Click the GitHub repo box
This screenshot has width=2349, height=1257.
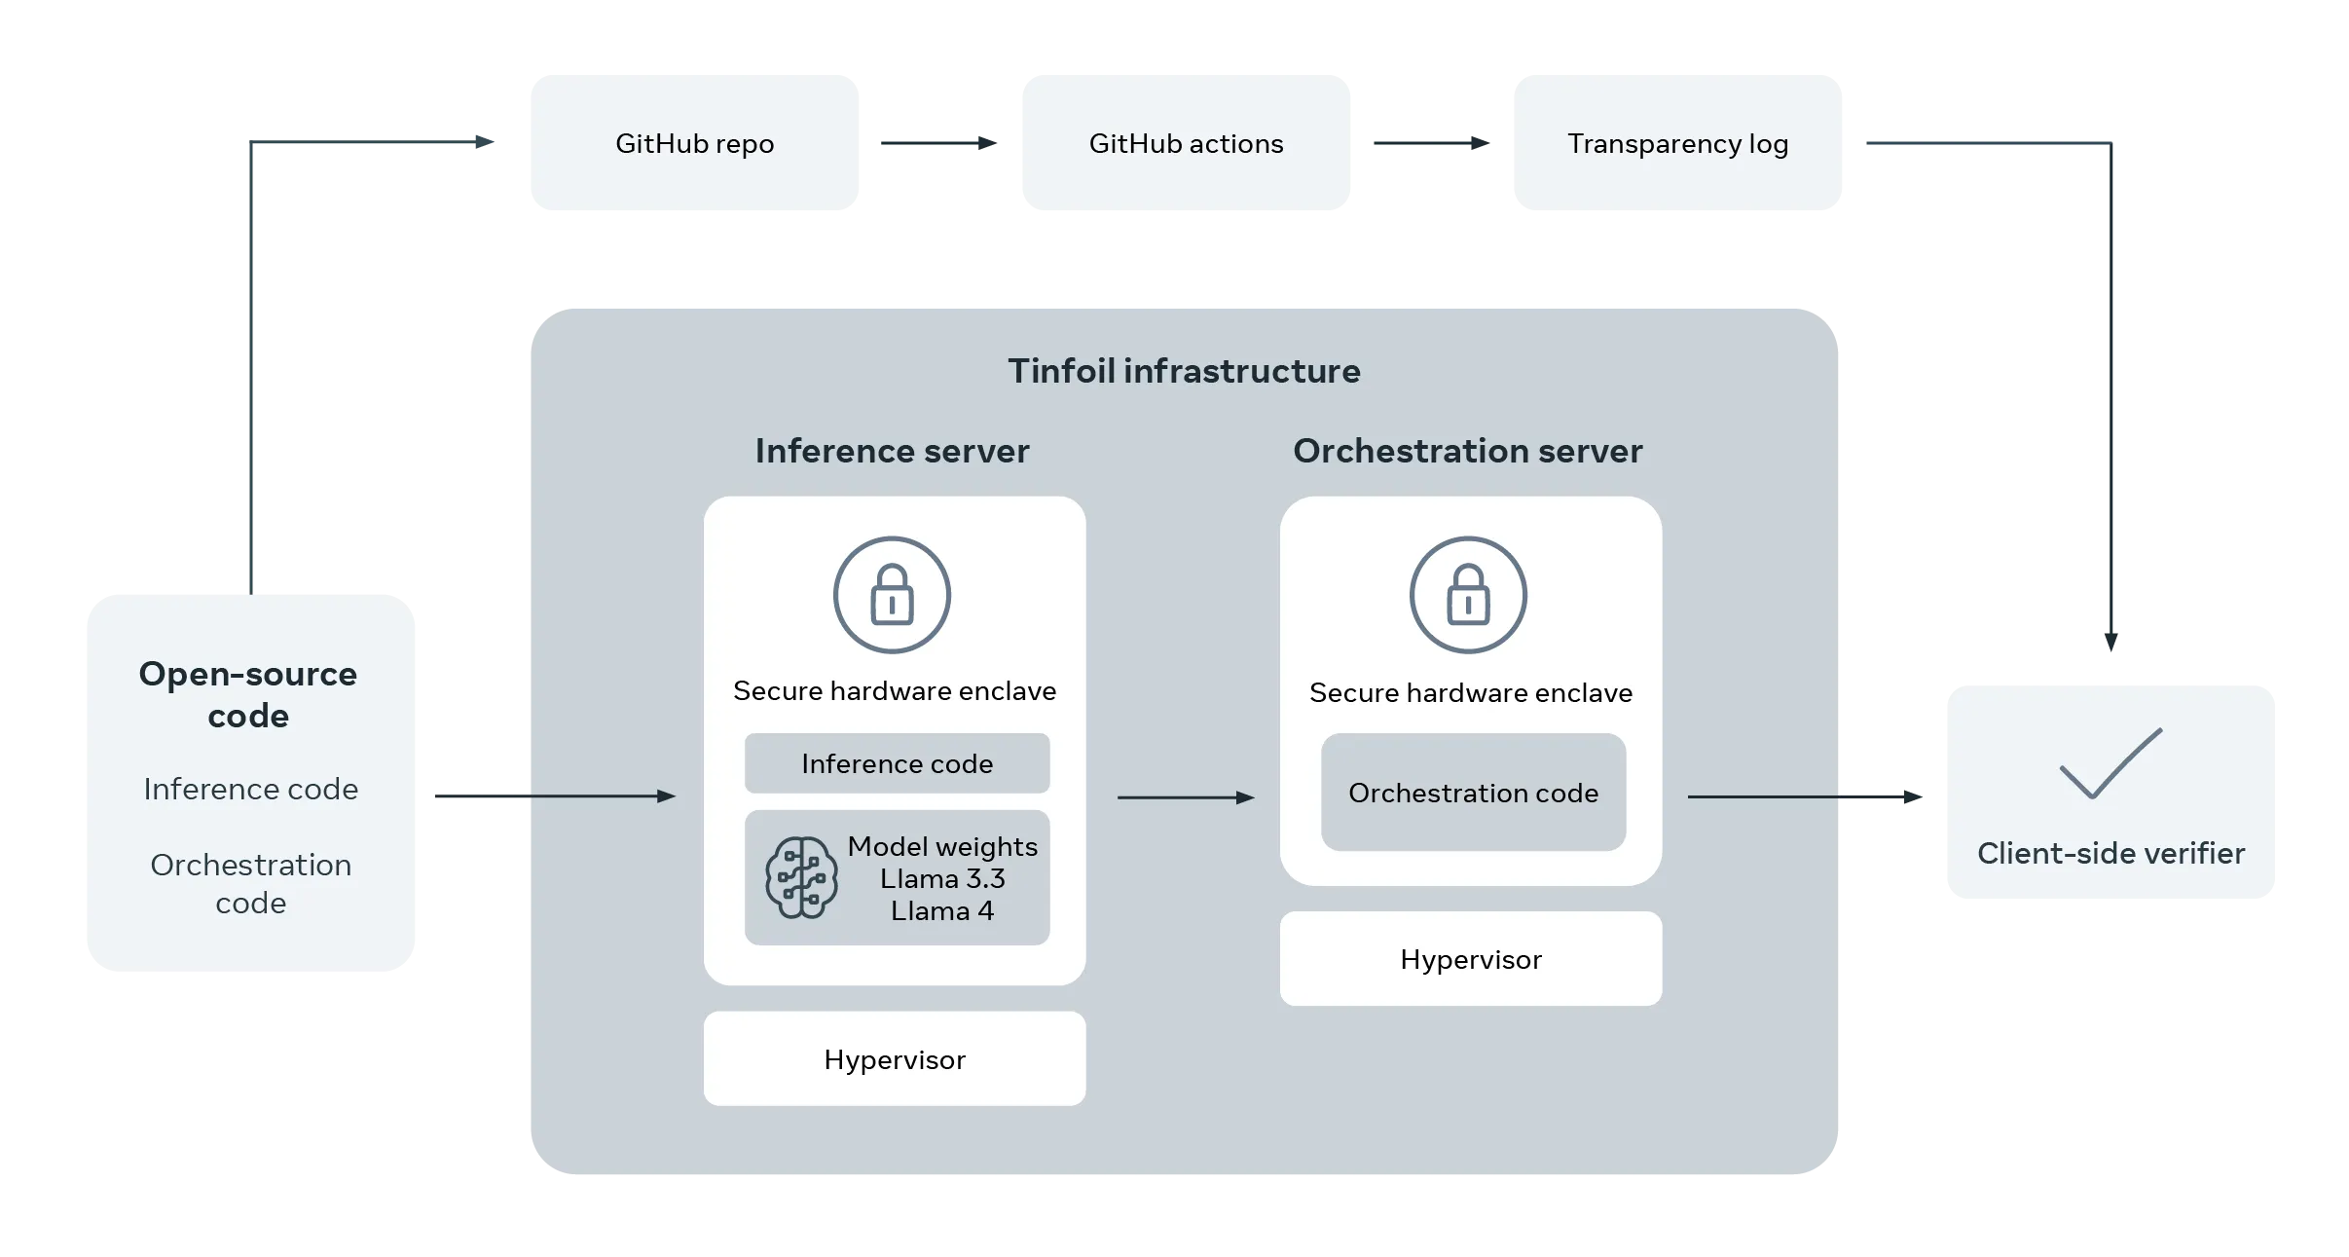[694, 142]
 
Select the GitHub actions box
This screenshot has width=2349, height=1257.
[1186, 142]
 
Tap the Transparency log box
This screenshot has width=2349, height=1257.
[1677, 142]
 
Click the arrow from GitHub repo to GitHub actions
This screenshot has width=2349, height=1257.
[939, 143]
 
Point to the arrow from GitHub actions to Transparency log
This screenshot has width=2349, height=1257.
[1431, 143]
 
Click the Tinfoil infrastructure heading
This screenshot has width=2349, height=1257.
[1184, 371]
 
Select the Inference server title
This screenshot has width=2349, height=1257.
[892, 451]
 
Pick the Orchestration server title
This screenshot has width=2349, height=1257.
[1468, 451]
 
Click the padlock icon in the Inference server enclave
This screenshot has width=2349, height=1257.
[892, 595]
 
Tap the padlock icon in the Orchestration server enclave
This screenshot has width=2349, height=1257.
[1468, 595]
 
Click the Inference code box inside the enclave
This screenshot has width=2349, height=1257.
[897, 763]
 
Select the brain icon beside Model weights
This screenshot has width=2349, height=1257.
[801, 877]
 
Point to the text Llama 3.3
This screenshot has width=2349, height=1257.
[942, 878]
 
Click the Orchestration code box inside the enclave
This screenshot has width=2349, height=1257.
[1473, 793]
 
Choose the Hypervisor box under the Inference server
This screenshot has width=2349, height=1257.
[895, 1058]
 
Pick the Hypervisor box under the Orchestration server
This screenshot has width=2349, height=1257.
[1471, 959]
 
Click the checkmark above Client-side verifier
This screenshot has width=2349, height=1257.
[2110, 763]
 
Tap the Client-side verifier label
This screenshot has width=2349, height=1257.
[2110, 853]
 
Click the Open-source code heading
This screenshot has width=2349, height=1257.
[248, 694]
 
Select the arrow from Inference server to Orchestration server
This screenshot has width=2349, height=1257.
[1187, 797]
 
